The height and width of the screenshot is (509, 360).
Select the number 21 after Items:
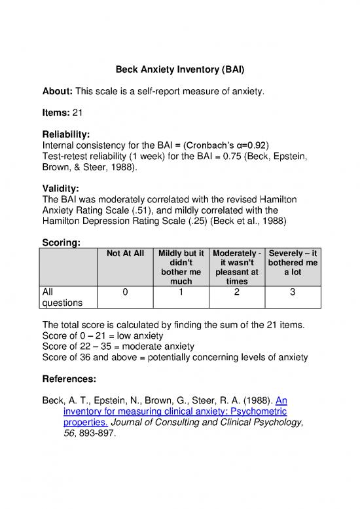(77, 113)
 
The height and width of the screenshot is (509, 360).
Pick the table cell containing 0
(124, 292)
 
